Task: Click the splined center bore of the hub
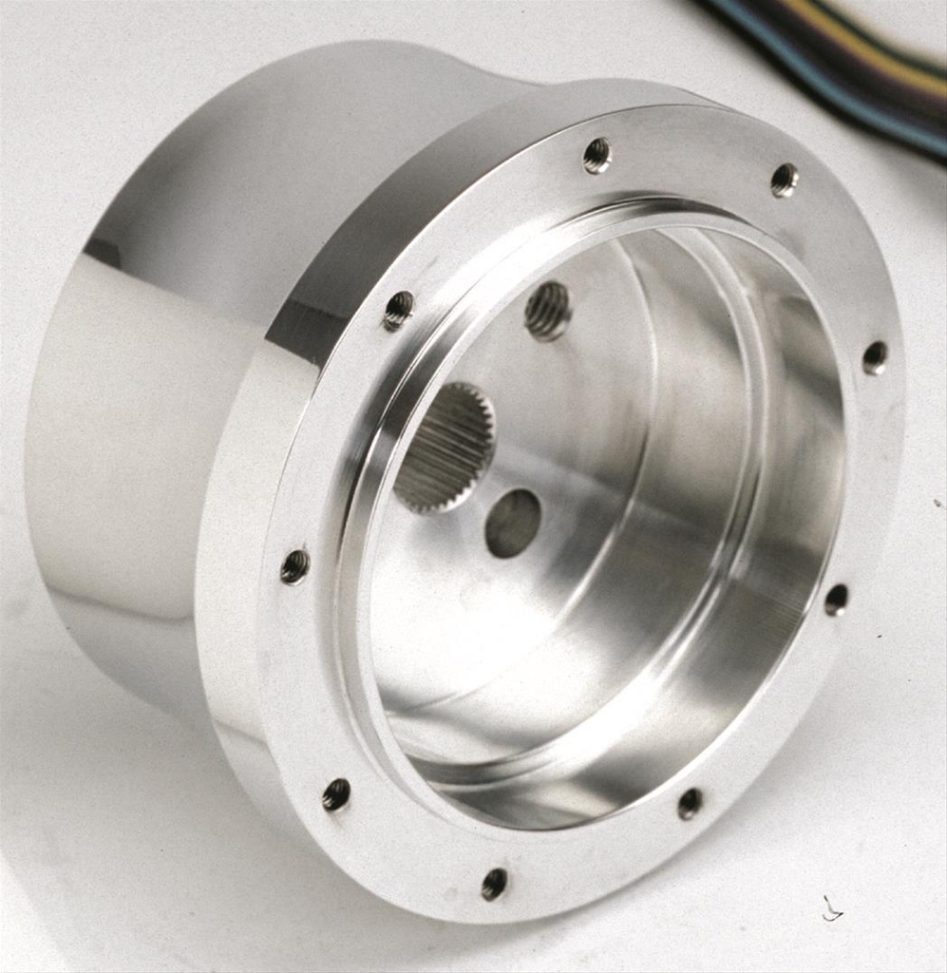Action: [x=445, y=448]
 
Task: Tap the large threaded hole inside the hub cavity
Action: [x=548, y=311]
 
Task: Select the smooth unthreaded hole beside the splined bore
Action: [x=513, y=523]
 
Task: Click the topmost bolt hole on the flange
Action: [x=597, y=155]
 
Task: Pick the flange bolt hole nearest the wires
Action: [x=784, y=180]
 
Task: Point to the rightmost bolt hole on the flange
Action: [x=875, y=357]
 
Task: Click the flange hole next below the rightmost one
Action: [x=836, y=600]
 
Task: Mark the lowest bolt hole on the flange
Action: [x=494, y=884]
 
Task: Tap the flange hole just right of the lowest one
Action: [x=691, y=804]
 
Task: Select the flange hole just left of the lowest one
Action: [x=336, y=794]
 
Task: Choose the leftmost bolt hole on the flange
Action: [x=294, y=567]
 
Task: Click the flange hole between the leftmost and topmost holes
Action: [x=399, y=310]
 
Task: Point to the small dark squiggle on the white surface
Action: [x=832, y=910]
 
